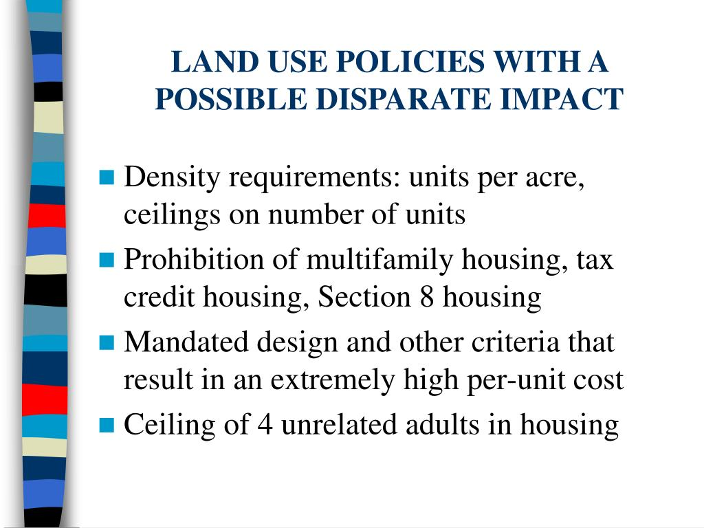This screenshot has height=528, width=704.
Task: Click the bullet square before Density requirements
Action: (x=107, y=177)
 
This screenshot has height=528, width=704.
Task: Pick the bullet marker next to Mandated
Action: (x=107, y=342)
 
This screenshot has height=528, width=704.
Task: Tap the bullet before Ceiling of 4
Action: (x=107, y=425)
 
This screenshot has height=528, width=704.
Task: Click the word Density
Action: (x=171, y=178)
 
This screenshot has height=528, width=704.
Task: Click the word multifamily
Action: (x=379, y=261)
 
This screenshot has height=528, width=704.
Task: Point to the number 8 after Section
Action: (x=426, y=297)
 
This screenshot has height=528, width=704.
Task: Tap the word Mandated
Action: (x=186, y=342)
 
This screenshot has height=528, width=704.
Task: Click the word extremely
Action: (x=332, y=381)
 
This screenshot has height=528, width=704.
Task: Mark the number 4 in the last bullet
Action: (x=265, y=425)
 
